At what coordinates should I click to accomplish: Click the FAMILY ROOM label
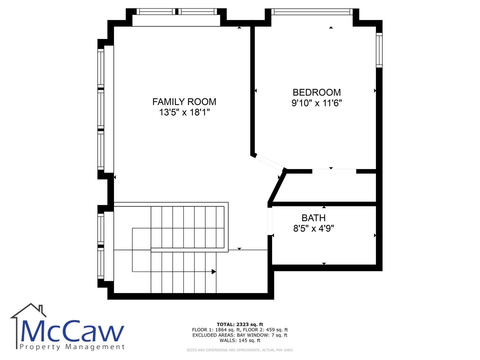coord(184,102)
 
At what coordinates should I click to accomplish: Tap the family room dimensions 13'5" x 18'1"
coord(184,112)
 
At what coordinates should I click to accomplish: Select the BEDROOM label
coord(316,92)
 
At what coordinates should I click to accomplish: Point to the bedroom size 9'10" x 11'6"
coord(316,103)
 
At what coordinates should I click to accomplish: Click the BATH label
coord(313,218)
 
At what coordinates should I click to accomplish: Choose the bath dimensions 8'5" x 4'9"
coord(313,228)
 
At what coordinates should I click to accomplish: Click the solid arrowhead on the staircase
coord(213,271)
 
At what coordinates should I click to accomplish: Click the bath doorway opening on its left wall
coord(270,221)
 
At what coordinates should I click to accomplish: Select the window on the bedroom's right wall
coord(379,50)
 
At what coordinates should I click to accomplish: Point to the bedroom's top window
coord(312,12)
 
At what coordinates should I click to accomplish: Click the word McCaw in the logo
coord(72,331)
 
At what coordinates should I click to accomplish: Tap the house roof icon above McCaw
coord(28,311)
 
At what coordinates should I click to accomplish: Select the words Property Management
coord(72,347)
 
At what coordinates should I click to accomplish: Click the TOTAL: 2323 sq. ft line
coord(240,324)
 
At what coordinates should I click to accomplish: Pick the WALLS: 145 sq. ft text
coord(240,340)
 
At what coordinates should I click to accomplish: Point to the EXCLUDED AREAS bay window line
coord(240,335)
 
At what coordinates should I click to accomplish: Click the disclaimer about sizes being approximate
coord(240,350)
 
